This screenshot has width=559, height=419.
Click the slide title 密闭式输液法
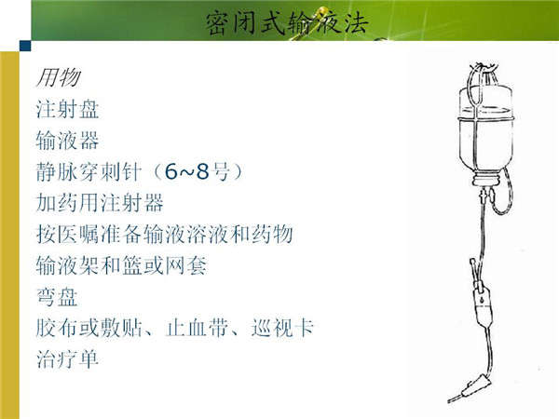click(x=287, y=23)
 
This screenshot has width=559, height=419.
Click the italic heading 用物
click(x=58, y=77)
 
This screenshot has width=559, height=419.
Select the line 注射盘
click(x=67, y=109)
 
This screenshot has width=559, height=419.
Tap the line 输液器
click(x=67, y=141)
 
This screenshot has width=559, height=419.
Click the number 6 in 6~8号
click(x=171, y=172)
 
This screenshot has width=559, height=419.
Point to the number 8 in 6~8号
click(x=202, y=172)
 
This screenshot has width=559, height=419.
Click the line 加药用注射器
click(x=100, y=203)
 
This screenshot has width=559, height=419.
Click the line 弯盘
click(x=57, y=297)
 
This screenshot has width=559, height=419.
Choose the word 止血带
click(x=197, y=328)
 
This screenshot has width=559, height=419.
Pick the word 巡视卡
click(x=282, y=328)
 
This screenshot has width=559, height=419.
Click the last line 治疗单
click(x=67, y=359)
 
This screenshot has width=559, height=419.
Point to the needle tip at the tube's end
click(x=450, y=401)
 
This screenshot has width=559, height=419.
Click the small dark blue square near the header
click(x=25, y=46)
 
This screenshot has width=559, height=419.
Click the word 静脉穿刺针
click(x=89, y=172)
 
